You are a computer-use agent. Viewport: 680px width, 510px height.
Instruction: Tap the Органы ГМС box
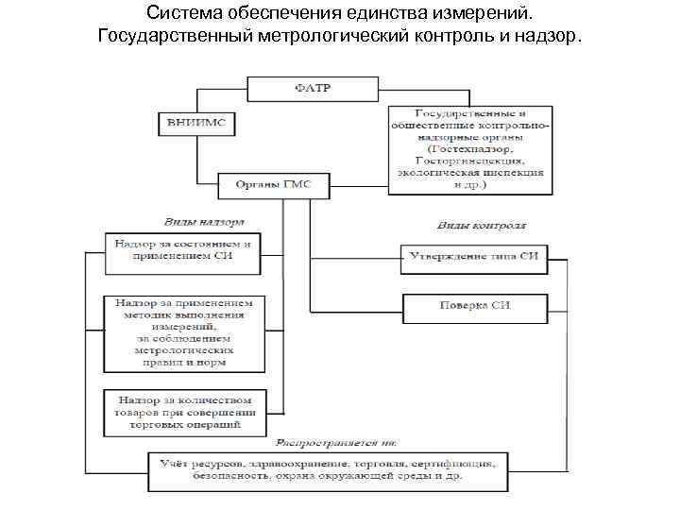[x=272, y=185]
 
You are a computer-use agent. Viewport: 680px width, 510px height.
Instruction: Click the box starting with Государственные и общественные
[x=470, y=148]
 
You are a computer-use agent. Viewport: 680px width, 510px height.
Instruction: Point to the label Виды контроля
[x=481, y=227]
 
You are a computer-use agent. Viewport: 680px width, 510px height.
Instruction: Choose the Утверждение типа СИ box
[x=475, y=258]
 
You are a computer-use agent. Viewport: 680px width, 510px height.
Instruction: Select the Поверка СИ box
[x=475, y=306]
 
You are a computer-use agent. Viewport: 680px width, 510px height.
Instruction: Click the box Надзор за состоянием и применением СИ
[x=183, y=250]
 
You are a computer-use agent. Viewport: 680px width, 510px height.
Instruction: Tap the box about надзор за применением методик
[x=184, y=333]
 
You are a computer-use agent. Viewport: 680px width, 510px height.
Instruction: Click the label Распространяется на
[x=335, y=442]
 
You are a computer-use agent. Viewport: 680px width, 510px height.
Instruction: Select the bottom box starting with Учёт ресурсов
[x=329, y=471]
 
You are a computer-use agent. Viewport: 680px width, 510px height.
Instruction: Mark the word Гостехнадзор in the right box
[x=470, y=149]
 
